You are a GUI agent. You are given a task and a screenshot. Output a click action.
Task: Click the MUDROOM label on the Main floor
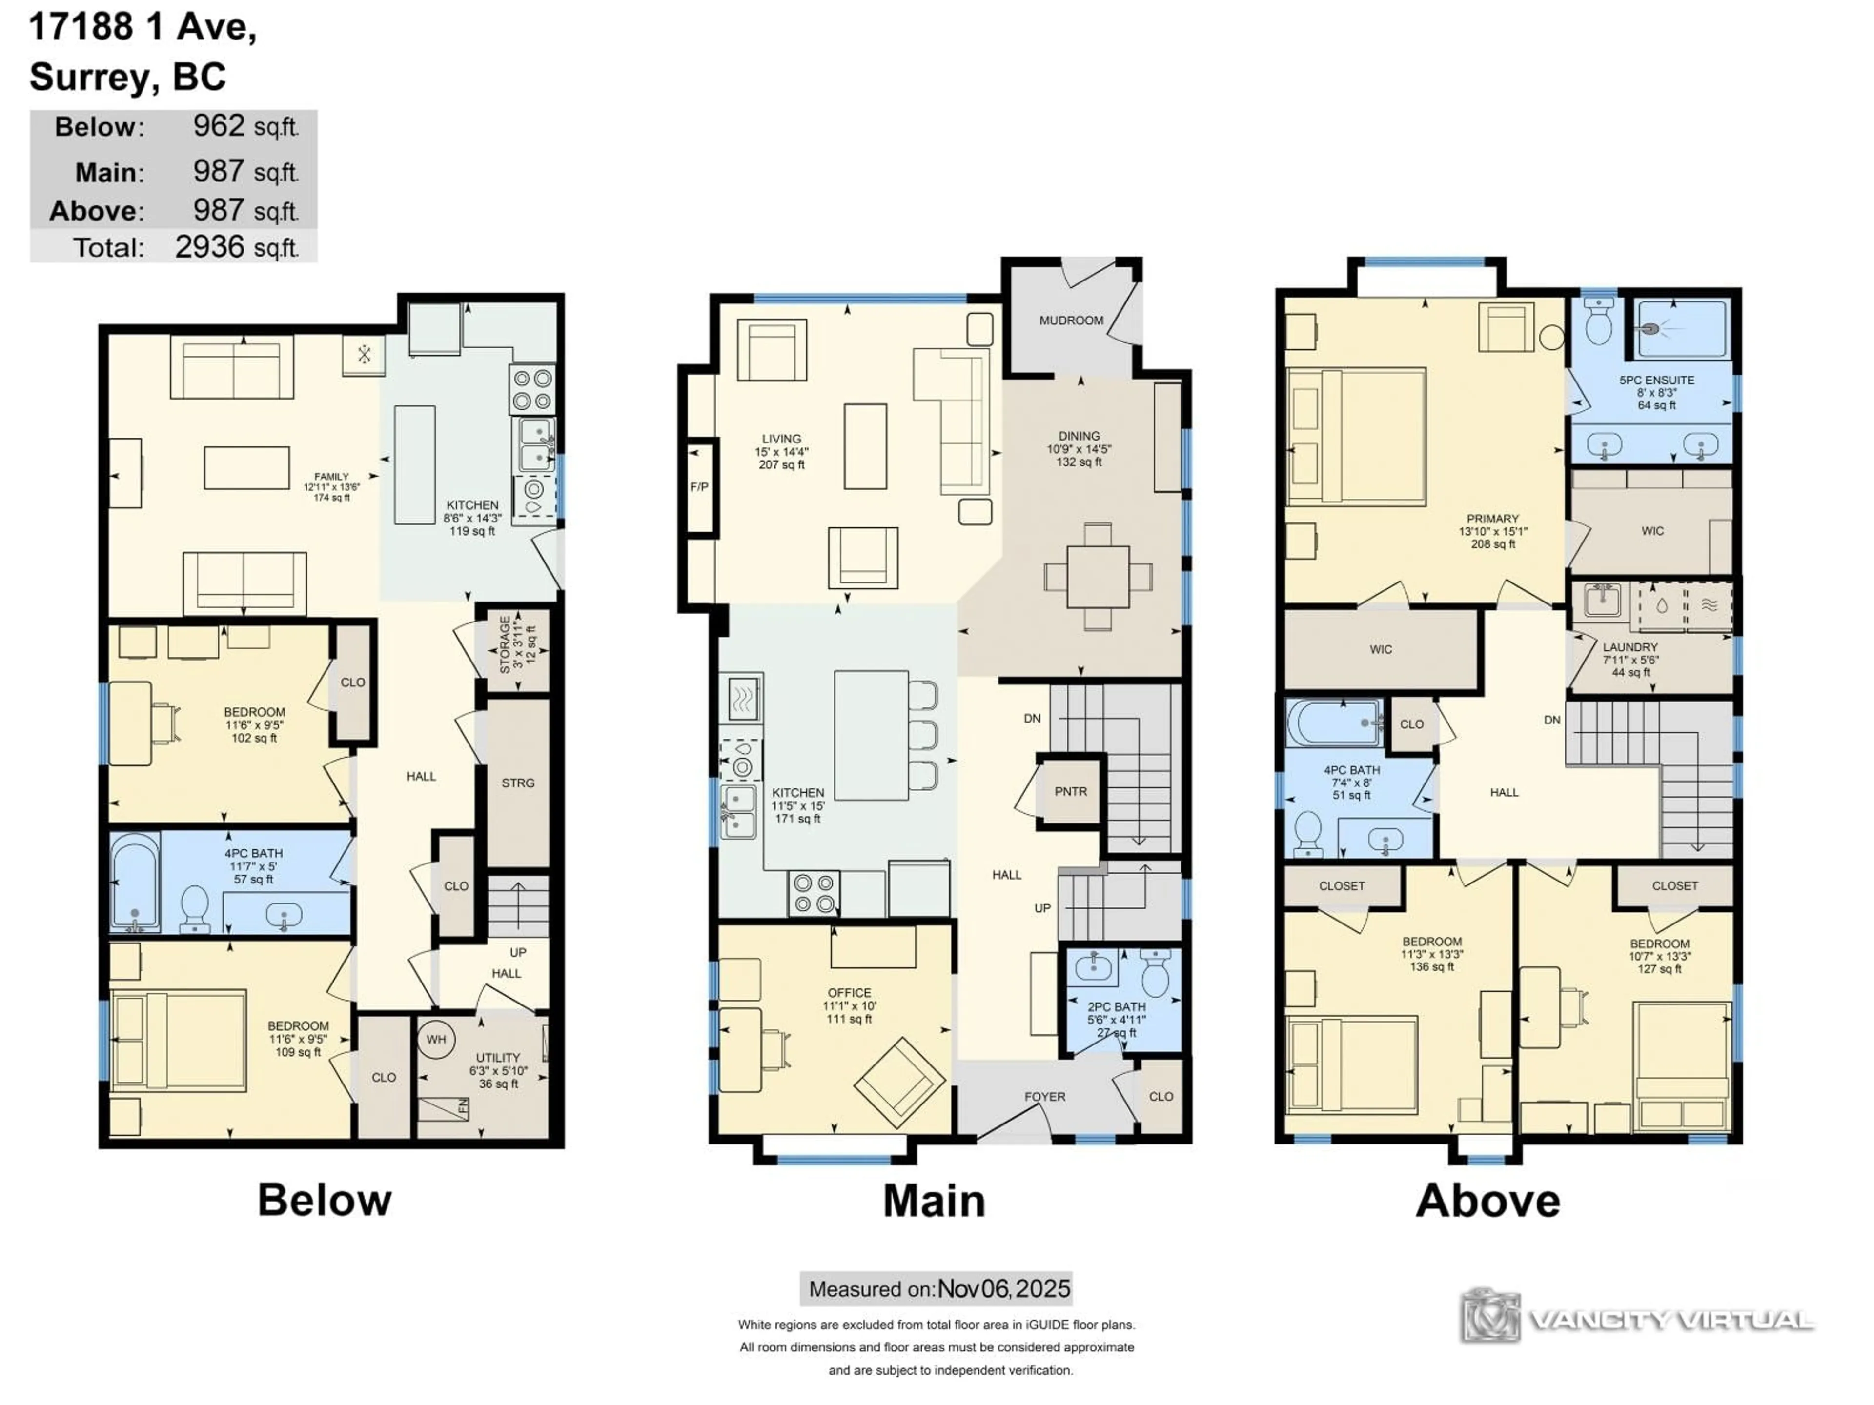1071,320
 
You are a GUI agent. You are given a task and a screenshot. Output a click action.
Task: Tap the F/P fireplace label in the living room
699,487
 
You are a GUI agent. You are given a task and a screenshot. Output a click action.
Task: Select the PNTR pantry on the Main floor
1070,791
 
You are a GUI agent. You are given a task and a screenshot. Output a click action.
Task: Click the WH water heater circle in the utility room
435,1039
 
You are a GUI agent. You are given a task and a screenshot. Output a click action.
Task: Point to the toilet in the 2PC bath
1156,974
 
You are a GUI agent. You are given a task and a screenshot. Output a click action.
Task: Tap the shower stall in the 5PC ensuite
1680,328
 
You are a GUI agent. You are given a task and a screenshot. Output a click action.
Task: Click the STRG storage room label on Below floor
518,783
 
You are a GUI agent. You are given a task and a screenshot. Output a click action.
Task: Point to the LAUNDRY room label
1630,647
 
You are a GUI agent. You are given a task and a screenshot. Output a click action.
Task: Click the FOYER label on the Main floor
1044,1096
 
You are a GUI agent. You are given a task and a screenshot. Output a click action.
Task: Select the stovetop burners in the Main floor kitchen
814,893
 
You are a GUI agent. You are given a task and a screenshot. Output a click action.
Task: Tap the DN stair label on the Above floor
1551,720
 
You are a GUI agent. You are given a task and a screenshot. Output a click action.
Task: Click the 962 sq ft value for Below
219,126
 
